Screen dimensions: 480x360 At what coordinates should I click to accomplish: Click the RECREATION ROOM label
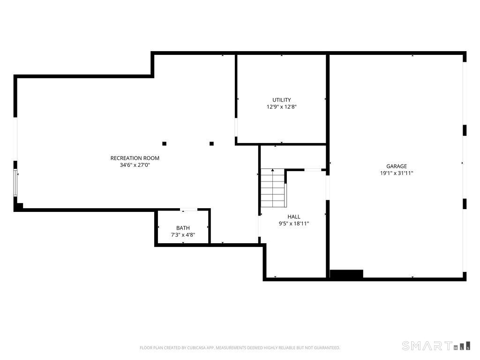click(x=135, y=158)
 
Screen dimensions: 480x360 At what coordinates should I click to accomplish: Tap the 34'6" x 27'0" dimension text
click(x=135, y=165)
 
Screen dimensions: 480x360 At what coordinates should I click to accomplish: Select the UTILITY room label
click(x=282, y=100)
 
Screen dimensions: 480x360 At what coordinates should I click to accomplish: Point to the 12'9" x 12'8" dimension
click(x=282, y=107)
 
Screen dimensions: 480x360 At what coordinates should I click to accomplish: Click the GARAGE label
click(x=397, y=166)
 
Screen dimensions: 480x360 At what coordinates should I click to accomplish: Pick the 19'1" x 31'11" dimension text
click(x=397, y=173)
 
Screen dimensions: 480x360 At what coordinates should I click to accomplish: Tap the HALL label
click(x=294, y=217)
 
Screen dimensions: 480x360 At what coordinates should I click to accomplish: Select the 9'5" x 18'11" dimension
click(x=294, y=224)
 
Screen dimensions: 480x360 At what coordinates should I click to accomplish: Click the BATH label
click(x=183, y=228)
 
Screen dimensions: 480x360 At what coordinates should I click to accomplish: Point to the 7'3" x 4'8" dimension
click(x=183, y=235)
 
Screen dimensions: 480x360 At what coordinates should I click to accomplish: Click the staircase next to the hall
click(x=273, y=188)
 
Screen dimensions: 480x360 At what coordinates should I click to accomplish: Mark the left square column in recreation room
click(x=165, y=143)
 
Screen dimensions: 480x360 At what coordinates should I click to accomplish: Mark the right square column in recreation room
click(x=211, y=143)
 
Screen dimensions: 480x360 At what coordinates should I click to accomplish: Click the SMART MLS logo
click(x=436, y=346)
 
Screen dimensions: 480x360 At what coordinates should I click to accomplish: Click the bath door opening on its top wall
click(x=189, y=210)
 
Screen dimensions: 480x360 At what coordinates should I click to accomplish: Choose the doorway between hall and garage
click(x=328, y=187)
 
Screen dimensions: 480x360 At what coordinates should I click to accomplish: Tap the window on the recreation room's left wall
click(x=15, y=183)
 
